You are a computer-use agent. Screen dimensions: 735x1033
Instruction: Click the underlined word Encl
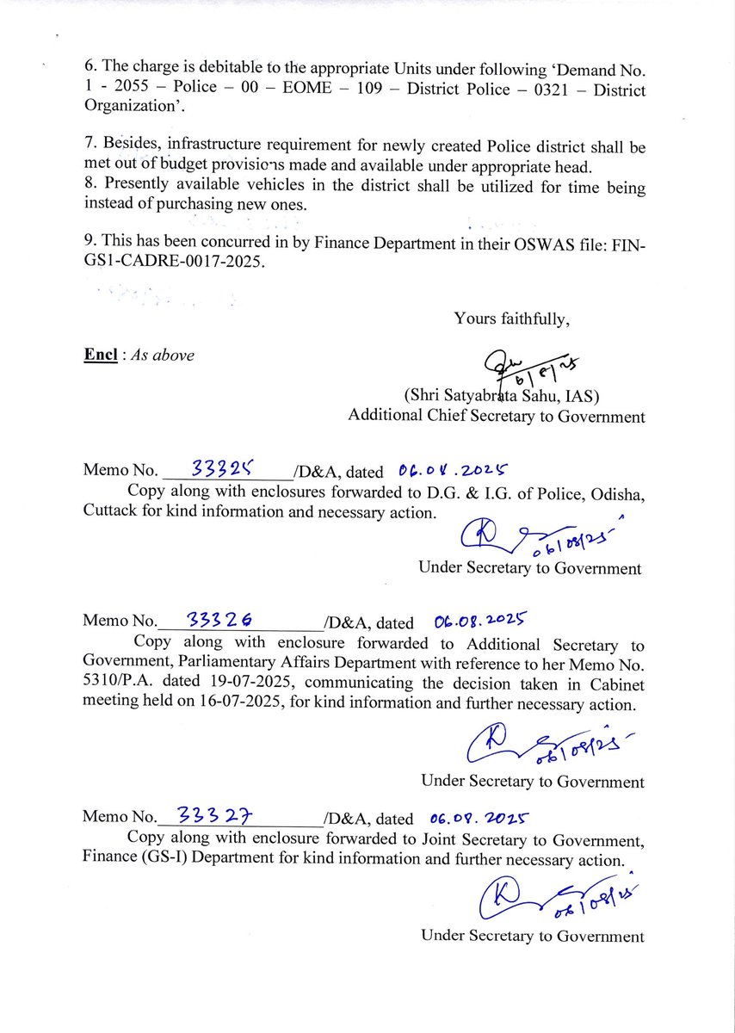(x=100, y=355)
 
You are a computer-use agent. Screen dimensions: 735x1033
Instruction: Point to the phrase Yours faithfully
(x=512, y=319)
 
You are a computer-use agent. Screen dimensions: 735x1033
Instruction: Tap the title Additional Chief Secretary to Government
(x=496, y=417)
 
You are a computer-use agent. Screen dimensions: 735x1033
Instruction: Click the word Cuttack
(x=109, y=511)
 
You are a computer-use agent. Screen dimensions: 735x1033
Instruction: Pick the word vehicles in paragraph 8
(x=240, y=187)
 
